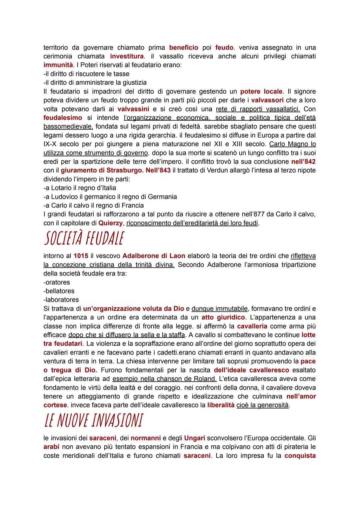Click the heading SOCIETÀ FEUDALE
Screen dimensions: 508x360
[x=84, y=239]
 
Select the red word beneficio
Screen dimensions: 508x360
[x=184, y=48]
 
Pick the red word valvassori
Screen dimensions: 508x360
[x=267, y=100]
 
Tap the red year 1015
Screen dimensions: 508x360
[x=81, y=256]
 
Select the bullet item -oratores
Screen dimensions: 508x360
[x=57, y=282]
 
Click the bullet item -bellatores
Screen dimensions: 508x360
[x=59, y=291]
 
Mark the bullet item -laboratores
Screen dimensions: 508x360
[x=61, y=300]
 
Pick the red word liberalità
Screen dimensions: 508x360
[x=221, y=405]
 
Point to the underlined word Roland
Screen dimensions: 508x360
[x=206, y=379]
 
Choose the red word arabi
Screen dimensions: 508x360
[x=51, y=446]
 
